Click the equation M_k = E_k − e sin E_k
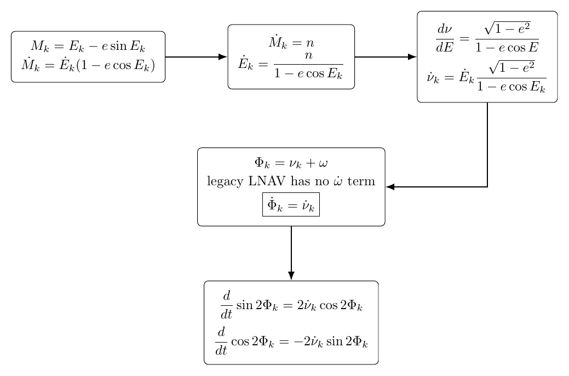(x=88, y=47)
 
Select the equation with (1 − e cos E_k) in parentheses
(x=88, y=65)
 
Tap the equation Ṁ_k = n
(x=291, y=43)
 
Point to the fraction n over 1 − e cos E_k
(x=308, y=65)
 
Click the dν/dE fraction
(x=445, y=38)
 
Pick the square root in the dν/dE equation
(x=507, y=28)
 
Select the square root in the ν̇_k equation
(x=511, y=67)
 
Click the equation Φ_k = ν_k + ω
(x=291, y=162)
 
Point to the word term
(x=361, y=180)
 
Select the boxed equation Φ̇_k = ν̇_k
(x=291, y=204)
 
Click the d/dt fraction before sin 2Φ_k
(x=226, y=305)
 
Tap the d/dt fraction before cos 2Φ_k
(x=221, y=341)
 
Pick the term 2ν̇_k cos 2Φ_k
(x=330, y=305)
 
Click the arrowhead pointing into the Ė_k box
(x=223, y=56)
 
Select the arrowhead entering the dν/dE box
(x=412, y=56)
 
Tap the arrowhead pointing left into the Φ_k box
(x=390, y=187)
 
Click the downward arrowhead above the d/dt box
(x=291, y=276)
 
